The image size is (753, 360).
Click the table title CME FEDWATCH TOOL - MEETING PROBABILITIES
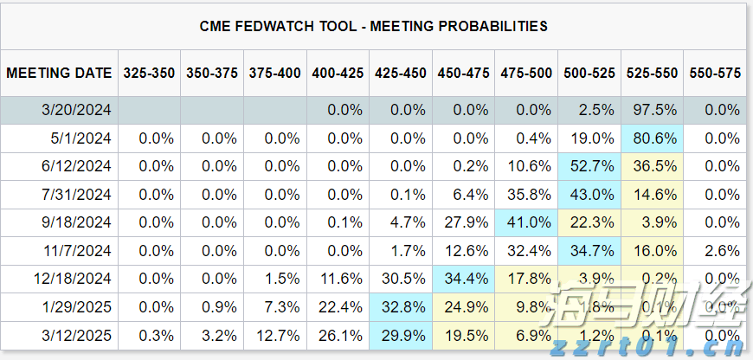click(x=374, y=26)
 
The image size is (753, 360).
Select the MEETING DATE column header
click(x=59, y=74)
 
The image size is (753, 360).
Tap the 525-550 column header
click(x=652, y=74)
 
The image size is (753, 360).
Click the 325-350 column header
click(x=149, y=74)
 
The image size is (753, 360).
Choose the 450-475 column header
click(x=463, y=74)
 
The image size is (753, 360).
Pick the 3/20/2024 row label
click(x=75, y=110)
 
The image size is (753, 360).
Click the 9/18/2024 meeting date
click(x=75, y=222)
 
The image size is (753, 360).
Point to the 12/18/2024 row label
click(x=72, y=279)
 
